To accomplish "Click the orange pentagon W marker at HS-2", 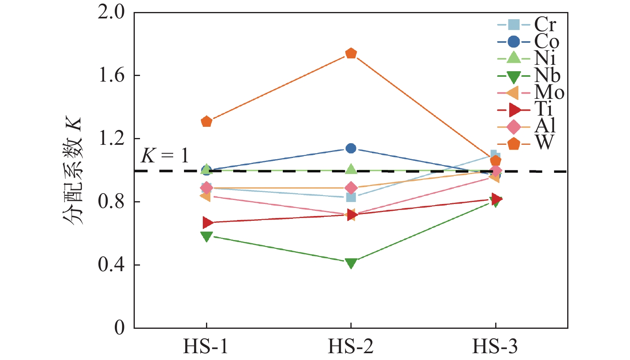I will click(351, 53).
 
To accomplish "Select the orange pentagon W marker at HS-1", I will click(206, 121).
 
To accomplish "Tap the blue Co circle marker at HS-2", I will click(351, 148).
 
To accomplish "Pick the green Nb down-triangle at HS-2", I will click(351, 263).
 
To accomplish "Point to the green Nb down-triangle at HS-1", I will click(206, 236).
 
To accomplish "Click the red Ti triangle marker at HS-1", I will click(207, 222).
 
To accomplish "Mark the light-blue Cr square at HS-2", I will click(351, 197).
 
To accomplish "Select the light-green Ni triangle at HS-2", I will click(351, 169).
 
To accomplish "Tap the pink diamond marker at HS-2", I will click(351, 188).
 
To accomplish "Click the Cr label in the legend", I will click(545, 25).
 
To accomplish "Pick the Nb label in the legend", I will click(547, 75).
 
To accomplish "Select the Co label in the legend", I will click(546, 42).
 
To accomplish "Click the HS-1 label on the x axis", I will click(206, 346).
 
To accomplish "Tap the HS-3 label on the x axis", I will click(495, 346).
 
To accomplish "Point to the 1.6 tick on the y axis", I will click(112, 76).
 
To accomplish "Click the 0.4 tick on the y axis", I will click(112, 265).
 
